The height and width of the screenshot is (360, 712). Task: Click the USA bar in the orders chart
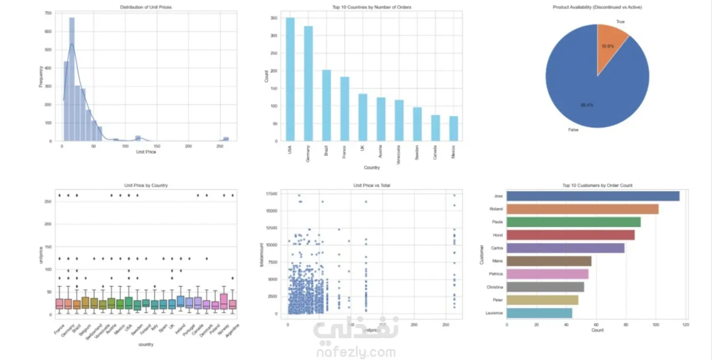pyautogui.click(x=290, y=80)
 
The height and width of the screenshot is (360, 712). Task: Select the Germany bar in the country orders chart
pyautogui.click(x=308, y=84)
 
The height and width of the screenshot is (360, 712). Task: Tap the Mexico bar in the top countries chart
pyautogui.click(x=453, y=128)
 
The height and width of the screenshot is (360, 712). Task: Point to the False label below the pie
pyautogui.click(x=573, y=130)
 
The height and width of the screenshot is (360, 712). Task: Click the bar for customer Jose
pyautogui.click(x=593, y=196)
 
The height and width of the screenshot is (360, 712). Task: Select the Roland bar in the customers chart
pyautogui.click(x=582, y=209)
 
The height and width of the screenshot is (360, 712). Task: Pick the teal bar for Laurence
pyautogui.click(x=539, y=313)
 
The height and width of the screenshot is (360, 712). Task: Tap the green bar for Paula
pyautogui.click(x=573, y=222)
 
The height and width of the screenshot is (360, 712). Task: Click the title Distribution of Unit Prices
pyautogui.click(x=146, y=7)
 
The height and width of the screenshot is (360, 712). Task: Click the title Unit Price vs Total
pyautogui.click(x=371, y=185)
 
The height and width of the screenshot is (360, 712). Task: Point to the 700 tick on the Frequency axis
pyautogui.click(x=48, y=13)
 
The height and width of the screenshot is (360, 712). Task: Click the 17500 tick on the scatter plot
pyautogui.click(x=271, y=194)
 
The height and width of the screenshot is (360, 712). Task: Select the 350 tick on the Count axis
pyautogui.click(x=273, y=18)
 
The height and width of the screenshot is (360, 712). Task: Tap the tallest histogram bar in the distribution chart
pyautogui.click(x=72, y=80)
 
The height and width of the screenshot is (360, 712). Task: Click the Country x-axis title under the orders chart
pyautogui.click(x=371, y=168)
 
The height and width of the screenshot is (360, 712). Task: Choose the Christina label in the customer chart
pyautogui.click(x=495, y=287)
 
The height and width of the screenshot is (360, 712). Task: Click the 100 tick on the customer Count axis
pyautogui.click(x=656, y=325)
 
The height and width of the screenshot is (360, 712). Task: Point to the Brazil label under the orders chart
pyautogui.click(x=326, y=151)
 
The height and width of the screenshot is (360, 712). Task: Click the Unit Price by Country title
pyautogui.click(x=146, y=185)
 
